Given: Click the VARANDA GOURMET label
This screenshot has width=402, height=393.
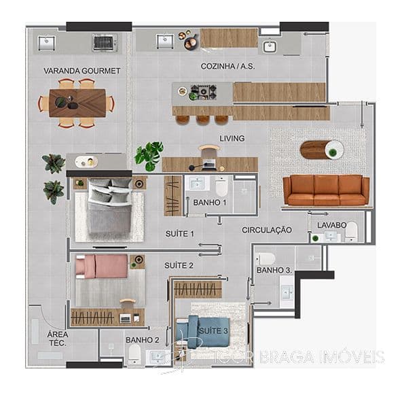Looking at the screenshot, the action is pyautogui.click(x=81, y=71).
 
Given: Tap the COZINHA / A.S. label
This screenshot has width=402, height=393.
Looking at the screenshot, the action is pyautogui.click(x=227, y=66).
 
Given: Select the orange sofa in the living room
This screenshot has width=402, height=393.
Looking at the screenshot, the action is pyautogui.click(x=326, y=190).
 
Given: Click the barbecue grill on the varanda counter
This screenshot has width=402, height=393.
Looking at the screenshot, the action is pyautogui.click(x=104, y=43).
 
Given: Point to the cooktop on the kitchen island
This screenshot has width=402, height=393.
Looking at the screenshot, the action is pyautogui.click(x=204, y=92).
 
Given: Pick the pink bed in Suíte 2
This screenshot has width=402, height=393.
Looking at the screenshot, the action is pyautogui.click(x=102, y=266).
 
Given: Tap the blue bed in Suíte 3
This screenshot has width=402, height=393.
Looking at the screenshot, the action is pyautogui.click(x=202, y=332).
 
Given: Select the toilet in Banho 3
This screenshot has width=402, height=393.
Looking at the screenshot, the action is pyautogui.click(x=266, y=259).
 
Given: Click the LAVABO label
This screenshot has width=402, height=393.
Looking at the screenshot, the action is pyautogui.click(x=332, y=225).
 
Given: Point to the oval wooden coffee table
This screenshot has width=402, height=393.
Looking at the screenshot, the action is pyautogui.click(x=322, y=150).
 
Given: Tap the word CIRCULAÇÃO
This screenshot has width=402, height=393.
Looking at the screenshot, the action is pyautogui.click(x=267, y=230).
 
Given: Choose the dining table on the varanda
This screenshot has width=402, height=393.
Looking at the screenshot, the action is pyautogui.click(x=77, y=103).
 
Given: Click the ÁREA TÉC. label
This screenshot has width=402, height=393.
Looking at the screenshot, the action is pyautogui.click(x=58, y=339).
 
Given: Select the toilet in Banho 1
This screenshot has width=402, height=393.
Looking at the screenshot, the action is pyautogui.click(x=221, y=187).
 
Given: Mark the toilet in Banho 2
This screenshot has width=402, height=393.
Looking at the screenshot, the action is pyautogui.click(x=134, y=354).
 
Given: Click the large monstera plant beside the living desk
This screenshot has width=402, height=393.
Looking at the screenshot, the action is pyautogui.click(x=149, y=155).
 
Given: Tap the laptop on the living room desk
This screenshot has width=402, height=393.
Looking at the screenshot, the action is pyautogui.click(x=209, y=165).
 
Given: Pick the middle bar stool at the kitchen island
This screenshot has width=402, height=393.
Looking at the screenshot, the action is pyautogui.click(x=203, y=120).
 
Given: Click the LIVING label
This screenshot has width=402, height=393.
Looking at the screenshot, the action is pyautogui.click(x=232, y=139).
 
